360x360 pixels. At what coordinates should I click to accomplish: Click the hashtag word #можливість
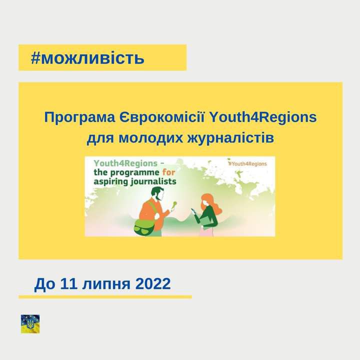(x=87, y=58)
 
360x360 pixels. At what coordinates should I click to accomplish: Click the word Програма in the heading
(x=79, y=117)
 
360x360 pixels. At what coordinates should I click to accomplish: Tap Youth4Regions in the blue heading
(x=263, y=117)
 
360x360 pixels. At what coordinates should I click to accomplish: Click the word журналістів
(x=230, y=138)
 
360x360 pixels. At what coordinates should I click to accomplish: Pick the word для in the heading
(x=100, y=138)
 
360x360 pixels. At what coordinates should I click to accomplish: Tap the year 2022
(x=153, y=283)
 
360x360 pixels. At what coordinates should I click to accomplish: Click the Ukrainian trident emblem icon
(x=30, y=323)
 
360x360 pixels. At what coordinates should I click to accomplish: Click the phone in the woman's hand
(x=193, y=211)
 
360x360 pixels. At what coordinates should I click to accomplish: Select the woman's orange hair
(x=210, y=204)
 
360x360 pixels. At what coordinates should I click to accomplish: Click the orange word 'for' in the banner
(x=169, y=172)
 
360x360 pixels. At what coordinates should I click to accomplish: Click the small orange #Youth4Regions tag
(x=247, y=163)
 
